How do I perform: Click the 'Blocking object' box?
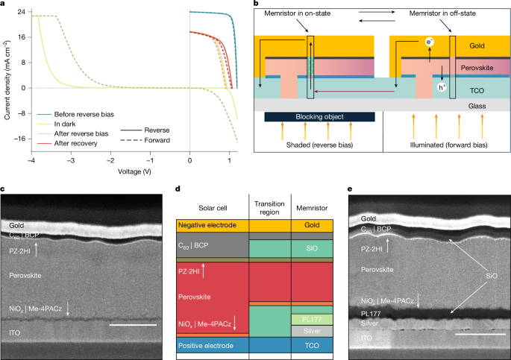pos(320,117)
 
